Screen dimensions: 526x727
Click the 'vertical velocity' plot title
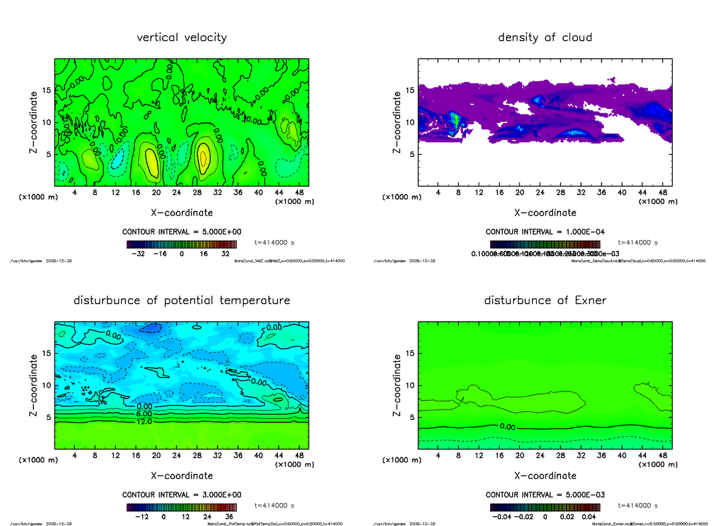[x=182, y=38]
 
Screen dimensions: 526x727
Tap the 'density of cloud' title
[x=545, y=38]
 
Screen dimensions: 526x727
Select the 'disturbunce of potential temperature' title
[x=182, y=301]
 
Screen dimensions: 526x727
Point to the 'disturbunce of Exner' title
[x=545, y=301]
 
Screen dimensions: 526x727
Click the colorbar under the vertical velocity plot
[x=182, y=245]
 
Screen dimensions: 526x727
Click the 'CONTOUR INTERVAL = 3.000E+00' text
[x=181, y=494]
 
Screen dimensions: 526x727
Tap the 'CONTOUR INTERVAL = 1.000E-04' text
[x=545, y=232]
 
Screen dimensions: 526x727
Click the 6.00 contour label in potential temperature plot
[x=145, y=414]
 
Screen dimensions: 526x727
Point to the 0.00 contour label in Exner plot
[x=508, y=427]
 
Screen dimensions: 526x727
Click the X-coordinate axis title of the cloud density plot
[x=545, y=213]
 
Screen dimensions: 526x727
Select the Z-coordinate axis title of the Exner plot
[x=397, y=385]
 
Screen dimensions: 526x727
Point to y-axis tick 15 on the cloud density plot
[x=410, y=90]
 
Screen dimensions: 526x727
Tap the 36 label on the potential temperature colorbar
[x=230, y=517]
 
